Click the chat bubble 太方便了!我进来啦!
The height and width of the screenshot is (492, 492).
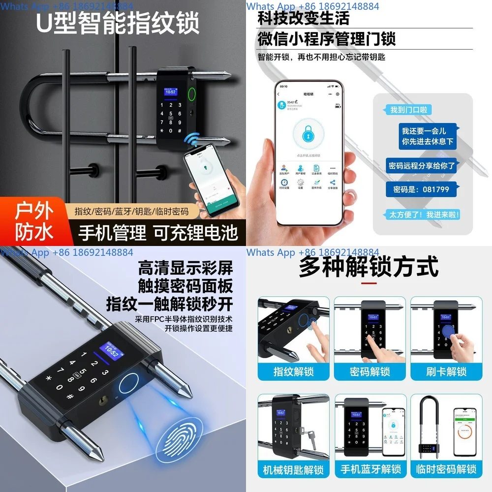tap(424, 215)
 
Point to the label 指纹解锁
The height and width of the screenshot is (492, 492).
tap(294, 371)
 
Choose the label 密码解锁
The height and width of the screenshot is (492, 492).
tap(370, 371)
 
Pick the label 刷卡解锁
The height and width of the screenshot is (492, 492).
tap(446, 371)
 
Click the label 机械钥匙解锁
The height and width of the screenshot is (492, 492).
tap(294, 469)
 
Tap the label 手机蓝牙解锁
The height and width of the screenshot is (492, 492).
tap(370, 469)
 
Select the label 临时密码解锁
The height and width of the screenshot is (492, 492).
tap(446, 469)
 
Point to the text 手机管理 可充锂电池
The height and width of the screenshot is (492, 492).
tap(157, 232)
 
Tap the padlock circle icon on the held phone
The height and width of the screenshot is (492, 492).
tap(308, 136)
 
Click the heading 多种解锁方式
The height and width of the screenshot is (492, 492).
tap(369, 268)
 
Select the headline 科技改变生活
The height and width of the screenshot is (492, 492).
tap(304, 19)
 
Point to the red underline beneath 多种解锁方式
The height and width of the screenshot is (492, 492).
tap(369, 284)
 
